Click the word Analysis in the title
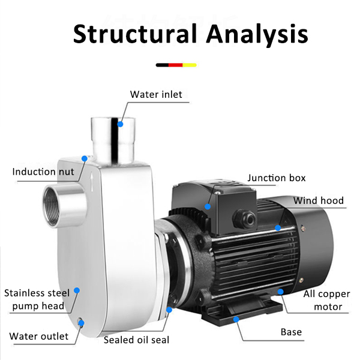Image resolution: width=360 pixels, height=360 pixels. tap(259, 34)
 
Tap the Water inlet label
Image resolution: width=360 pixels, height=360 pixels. tap(156, 94)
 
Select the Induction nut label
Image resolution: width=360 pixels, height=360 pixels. tap(43, 172)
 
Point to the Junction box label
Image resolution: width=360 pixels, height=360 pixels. tap(277, 178)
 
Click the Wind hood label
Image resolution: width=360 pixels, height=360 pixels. tap(319, 200)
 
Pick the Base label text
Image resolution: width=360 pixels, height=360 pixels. tap(291, 332)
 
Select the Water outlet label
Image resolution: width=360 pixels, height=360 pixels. tap(39, 336)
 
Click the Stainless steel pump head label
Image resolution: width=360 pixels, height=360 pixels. tap(37, 299)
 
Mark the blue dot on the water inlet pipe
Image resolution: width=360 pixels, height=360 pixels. tap(121, 124)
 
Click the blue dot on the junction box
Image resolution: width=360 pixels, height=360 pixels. tap(207, 206)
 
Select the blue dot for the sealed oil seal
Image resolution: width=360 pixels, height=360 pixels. tap(170, 310)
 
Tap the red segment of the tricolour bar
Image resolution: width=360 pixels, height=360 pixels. tap(176, 64)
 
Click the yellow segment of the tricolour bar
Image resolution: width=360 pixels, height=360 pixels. tap(190, 64)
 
